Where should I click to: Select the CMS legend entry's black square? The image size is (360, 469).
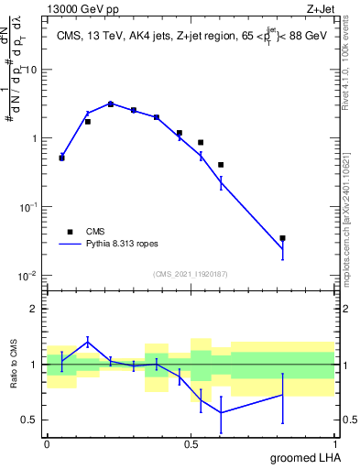(68, 232)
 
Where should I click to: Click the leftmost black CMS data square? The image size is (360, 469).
(61, 158)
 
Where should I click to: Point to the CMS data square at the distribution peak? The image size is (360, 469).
(111, 104)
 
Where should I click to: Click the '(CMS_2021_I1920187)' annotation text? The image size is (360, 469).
(190, 273)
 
